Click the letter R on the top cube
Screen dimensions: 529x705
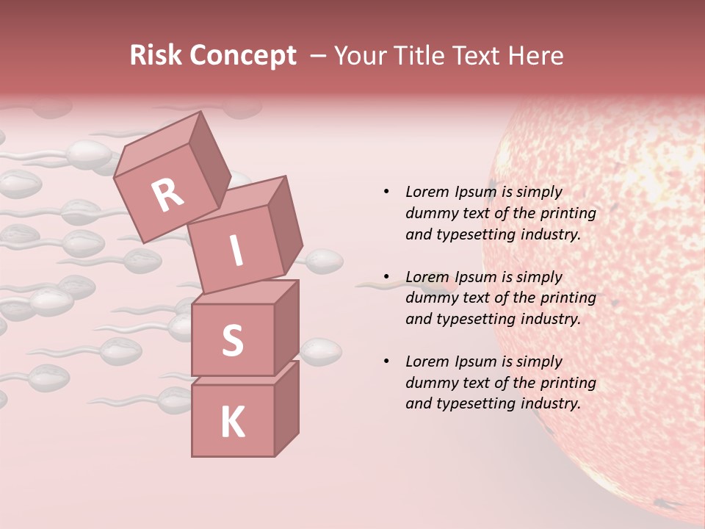point(167,195)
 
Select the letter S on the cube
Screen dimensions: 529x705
point(232,340)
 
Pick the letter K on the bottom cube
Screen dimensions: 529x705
point(232,422)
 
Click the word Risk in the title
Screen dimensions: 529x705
point(156,56)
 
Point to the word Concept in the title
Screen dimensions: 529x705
point(243,56)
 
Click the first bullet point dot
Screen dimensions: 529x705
point(386,192)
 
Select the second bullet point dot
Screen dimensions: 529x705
point(386,277)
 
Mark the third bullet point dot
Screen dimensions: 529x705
point(386,361)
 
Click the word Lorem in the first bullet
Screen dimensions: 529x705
point(427,192)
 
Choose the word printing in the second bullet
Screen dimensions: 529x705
point(568,298)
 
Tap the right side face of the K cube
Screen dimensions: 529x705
point(286,408)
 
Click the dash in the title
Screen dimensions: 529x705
point(319,56)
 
